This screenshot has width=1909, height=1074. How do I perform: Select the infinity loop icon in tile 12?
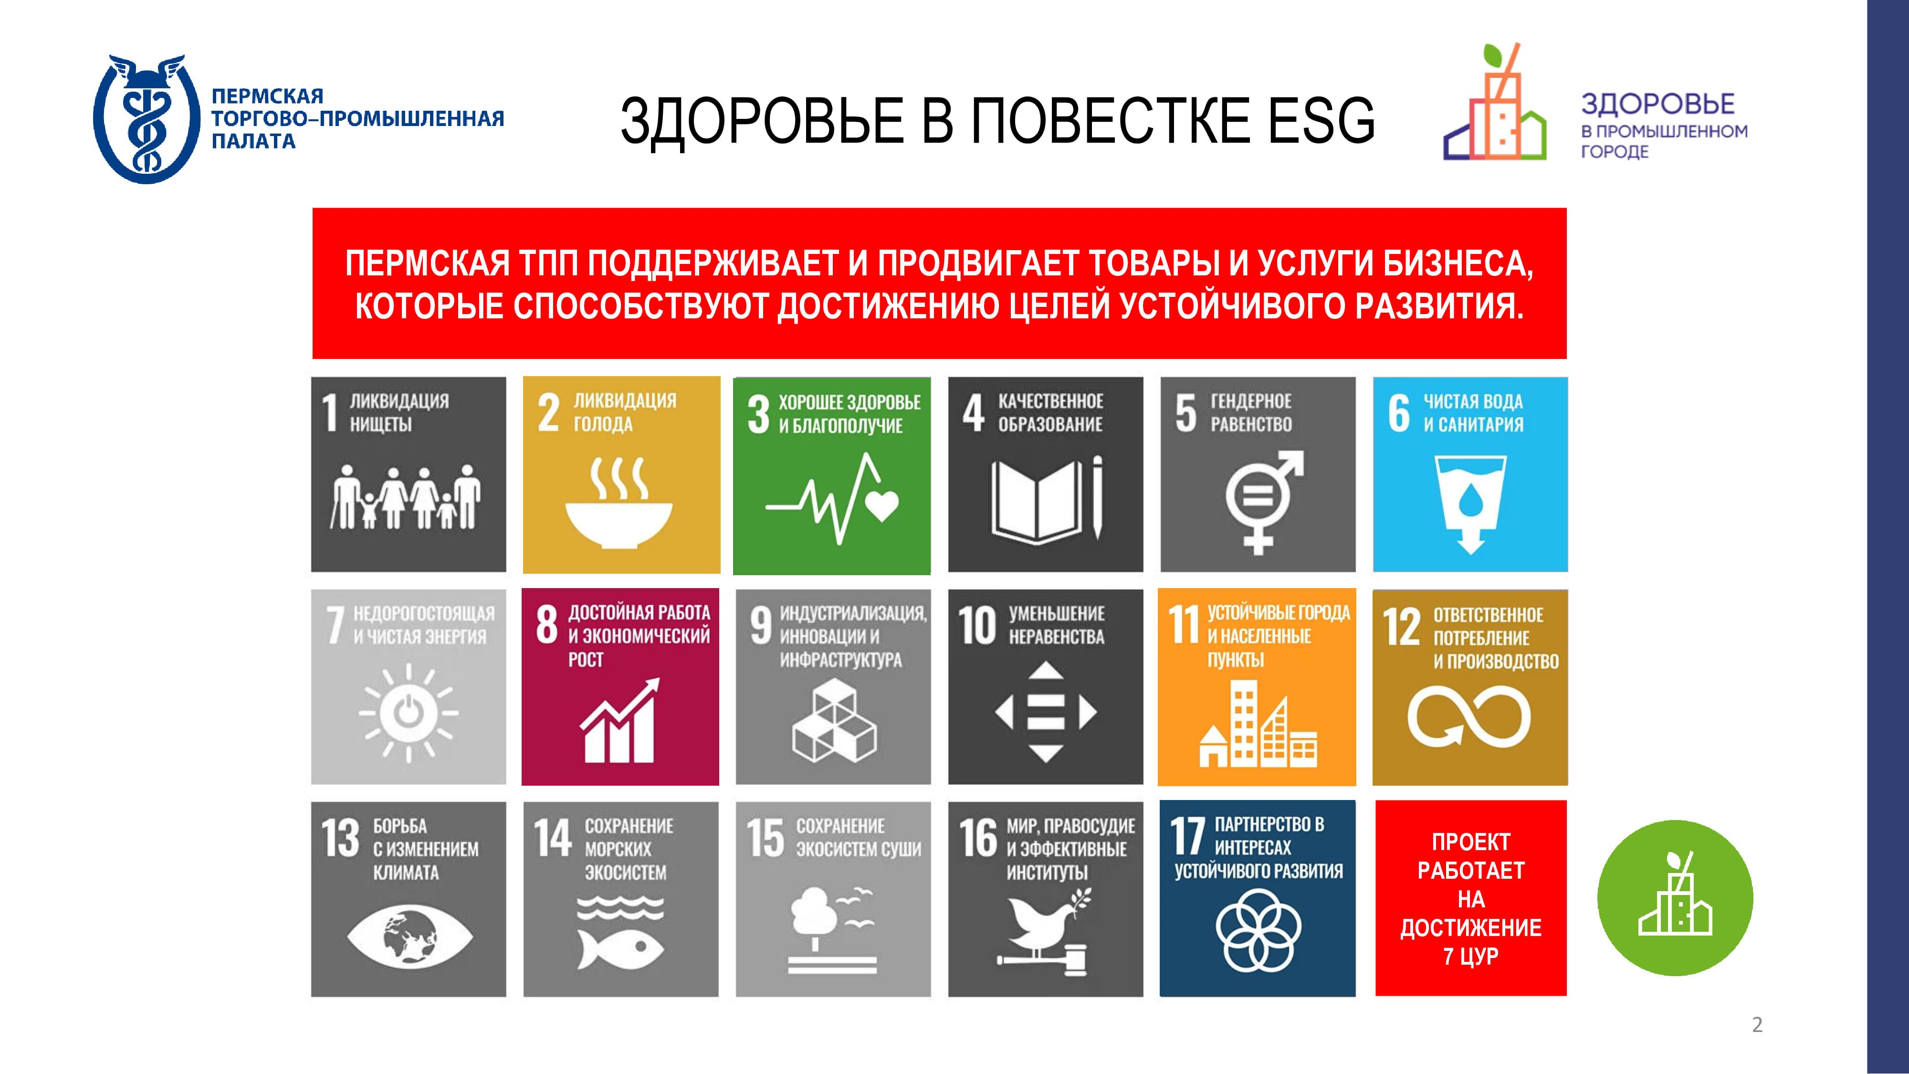coord(1469,715)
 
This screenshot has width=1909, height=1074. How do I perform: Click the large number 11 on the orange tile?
coord(1184,624)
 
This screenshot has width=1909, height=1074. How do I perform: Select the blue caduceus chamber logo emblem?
coord(147,118)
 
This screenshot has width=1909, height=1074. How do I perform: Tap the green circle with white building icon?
coord(1675,897)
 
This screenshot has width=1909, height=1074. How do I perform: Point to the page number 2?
coord(1757,1024)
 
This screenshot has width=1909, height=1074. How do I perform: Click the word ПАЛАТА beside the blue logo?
coord(253,141)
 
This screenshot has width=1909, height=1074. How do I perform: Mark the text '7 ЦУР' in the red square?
coord(1470,956)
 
